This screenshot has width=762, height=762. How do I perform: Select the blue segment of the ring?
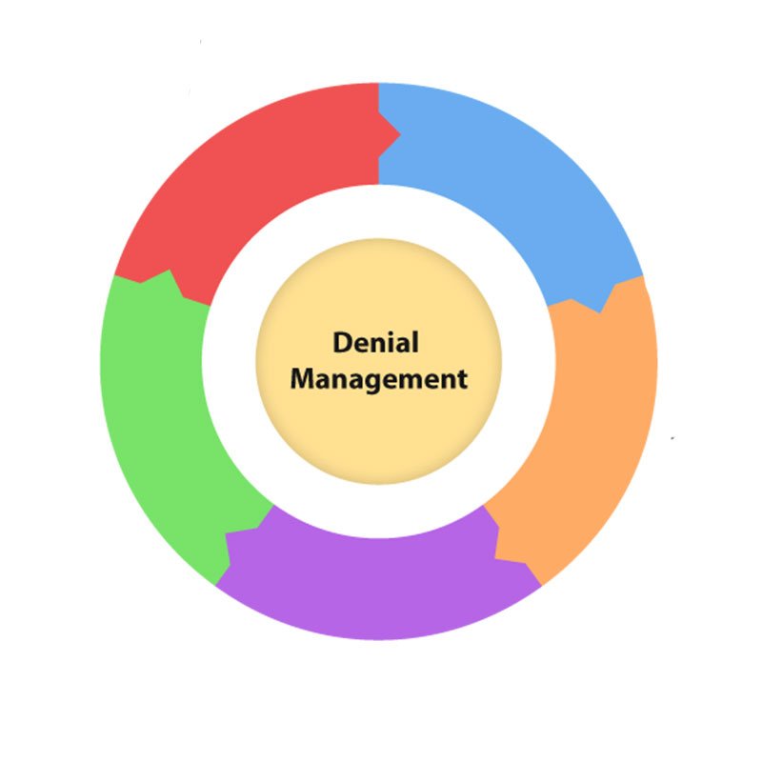coord(514,181)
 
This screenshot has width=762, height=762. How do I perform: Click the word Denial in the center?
coord(374,343)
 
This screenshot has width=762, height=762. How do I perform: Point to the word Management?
coord(379,379)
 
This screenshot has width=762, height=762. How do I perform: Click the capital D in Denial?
coord(341,343)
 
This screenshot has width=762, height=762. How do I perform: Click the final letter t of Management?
coord(462,379)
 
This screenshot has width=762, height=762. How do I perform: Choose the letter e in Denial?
coord(359,345)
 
